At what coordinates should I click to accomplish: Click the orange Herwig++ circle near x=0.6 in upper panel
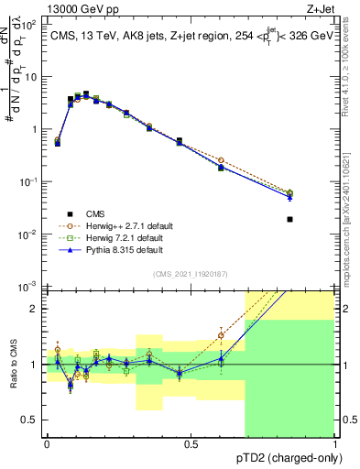point(220,160)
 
